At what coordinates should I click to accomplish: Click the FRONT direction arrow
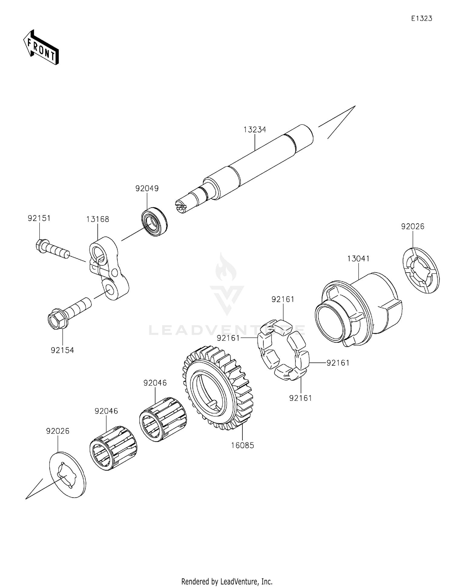point(41,48)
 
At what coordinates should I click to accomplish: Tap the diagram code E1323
point(421,18)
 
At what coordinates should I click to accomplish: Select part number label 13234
point(255,130)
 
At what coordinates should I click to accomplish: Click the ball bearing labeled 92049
point(154,221)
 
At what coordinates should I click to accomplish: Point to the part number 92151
point(39,218)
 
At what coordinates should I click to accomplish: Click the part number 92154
point(62,350)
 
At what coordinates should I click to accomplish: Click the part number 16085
point(242,445)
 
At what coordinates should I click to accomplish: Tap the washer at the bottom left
point(67,478)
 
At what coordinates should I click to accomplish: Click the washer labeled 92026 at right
point(421,270)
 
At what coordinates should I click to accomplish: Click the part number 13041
point(358,259)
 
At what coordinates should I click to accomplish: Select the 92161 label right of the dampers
point(338,363)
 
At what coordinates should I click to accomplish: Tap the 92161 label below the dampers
point(300,398)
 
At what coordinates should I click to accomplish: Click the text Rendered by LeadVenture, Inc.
point(227,581)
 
